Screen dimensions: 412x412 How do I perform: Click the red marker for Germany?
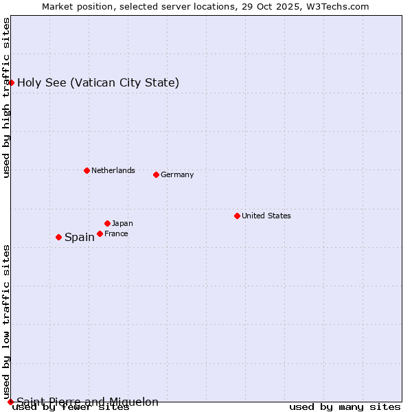click(156, 174)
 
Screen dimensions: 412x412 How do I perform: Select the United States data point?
click(237, 216)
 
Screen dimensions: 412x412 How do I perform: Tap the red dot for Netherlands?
click(87, 170)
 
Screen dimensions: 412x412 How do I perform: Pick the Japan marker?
click(107, 223)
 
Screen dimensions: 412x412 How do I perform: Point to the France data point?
click(100, 233)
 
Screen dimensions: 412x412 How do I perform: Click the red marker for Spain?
click(58, 237)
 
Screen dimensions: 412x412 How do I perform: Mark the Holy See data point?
click(11, 82)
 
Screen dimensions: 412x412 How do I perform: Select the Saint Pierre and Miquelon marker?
click(10, 402)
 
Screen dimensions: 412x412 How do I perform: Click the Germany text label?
click(177, 174)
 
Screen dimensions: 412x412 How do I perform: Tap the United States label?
click(266, 216)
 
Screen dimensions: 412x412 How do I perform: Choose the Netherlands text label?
click(113, 170)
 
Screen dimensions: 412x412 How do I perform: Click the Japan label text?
click(122, 223)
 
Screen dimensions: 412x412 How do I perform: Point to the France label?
click(116, 233)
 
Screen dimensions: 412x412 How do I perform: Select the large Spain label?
click(80, 237)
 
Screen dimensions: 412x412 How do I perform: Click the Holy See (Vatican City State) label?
click(98, 82)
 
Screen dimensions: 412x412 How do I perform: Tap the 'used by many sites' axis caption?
click(345, 407)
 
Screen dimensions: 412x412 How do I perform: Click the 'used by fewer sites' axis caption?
click(71, 407)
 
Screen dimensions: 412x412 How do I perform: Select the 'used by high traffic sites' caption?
click(6, 98)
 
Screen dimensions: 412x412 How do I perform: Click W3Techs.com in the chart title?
click(338, 6)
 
